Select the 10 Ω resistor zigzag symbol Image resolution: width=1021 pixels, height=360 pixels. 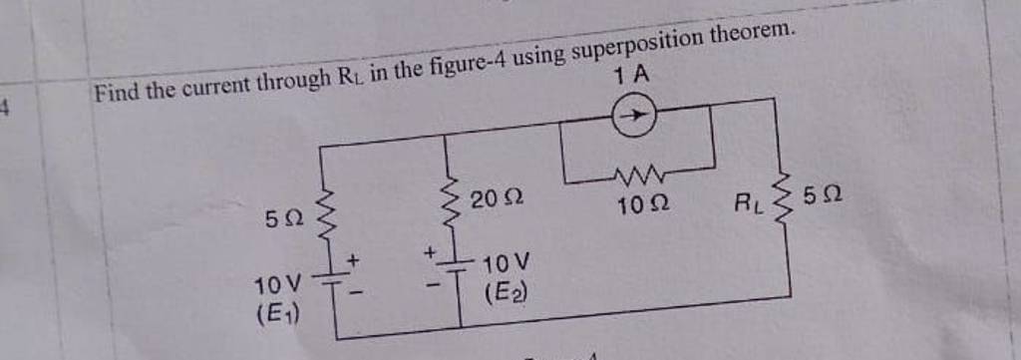[x=637, y=177]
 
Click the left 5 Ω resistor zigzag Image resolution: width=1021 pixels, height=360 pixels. [x=324, y=212]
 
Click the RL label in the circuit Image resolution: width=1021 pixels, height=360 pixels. [x=747, y=203]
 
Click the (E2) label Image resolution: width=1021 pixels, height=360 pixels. [x=505, y=293]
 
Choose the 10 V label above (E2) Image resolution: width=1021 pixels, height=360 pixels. [x=506, y=264]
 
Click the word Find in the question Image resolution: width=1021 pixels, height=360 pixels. [x=117, y=93]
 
